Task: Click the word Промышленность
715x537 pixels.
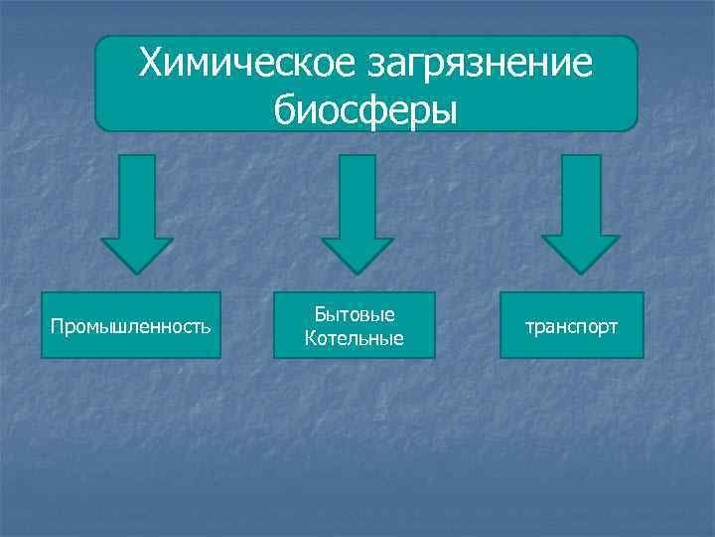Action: tap(130, 326)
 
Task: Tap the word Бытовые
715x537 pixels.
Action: tap(355, 314)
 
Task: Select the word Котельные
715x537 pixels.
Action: tap(355, 338)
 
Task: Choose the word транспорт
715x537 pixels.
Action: tap(573, 326)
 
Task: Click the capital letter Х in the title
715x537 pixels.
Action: tap(151, 65)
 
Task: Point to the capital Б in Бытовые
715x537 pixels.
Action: tap(320, 314)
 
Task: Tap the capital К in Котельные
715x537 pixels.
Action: tap(311, 338)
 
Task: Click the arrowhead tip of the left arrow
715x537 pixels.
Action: tap(137, 270)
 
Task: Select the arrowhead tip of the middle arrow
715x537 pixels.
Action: tap(357, 270)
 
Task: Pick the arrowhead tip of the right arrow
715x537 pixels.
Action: tap(580, 270)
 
